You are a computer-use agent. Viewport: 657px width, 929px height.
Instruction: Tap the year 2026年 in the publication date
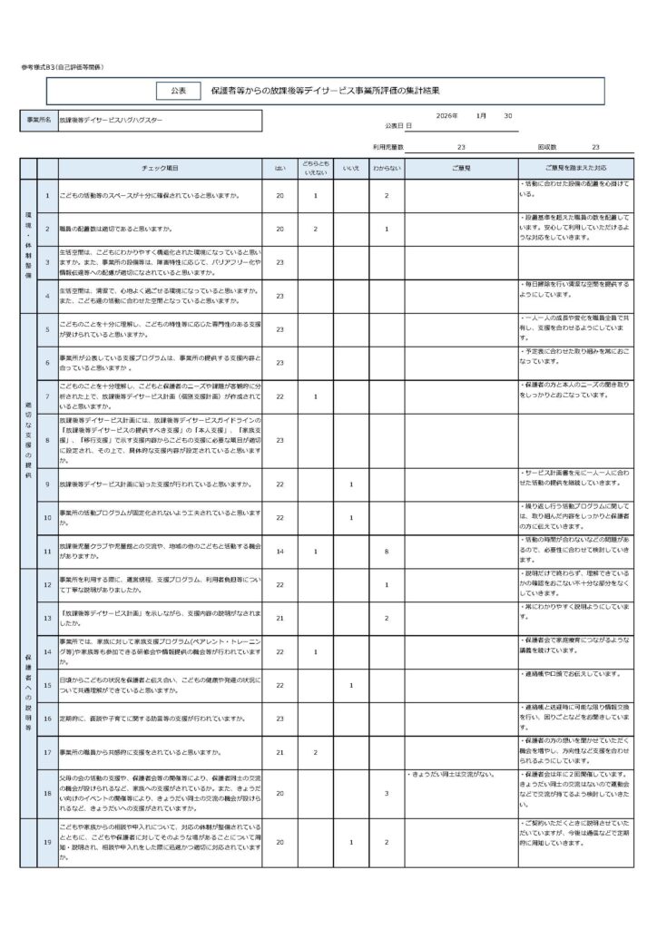447,116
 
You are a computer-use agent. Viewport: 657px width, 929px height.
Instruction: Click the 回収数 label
546,146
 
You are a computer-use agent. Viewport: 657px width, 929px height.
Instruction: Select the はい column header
279,169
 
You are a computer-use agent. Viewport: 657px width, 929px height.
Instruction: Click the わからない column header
386,169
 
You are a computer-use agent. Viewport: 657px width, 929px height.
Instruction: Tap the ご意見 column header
462,169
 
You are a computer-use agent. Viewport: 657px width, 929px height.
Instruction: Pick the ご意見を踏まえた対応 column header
575,169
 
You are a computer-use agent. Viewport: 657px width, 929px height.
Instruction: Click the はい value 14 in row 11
279,551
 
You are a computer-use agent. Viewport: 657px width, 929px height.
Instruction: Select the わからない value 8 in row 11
386,551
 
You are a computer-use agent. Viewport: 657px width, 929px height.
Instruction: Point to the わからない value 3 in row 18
386,794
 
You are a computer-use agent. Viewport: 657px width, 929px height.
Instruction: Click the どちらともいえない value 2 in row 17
315,752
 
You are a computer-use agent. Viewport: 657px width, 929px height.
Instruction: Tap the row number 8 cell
46,440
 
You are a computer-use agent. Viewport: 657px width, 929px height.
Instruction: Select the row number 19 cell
46,843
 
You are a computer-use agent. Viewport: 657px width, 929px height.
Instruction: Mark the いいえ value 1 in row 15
350,685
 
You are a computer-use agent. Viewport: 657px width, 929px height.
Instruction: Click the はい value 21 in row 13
279,618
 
